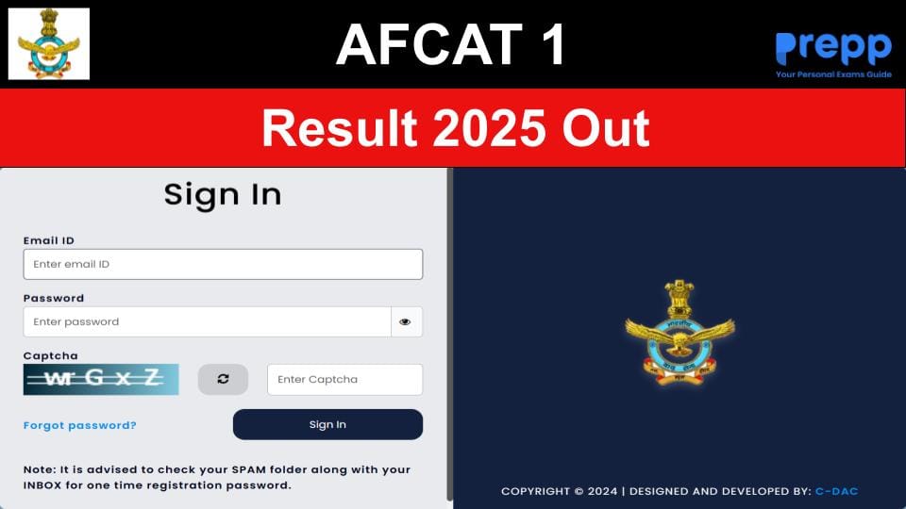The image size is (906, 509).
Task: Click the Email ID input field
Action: (223, 264)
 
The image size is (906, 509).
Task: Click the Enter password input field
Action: (207, 321)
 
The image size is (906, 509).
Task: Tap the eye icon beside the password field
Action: (406, 321)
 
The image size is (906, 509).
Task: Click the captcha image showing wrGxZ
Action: (101, 379)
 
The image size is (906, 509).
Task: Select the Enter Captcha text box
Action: (344, 379)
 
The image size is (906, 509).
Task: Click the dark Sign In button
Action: (327, 424)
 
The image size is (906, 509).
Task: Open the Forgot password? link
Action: (80, 425)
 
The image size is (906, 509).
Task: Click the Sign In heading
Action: (223, 194)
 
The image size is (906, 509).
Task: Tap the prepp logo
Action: (833, 50)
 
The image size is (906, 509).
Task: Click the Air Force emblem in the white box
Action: (49, 43)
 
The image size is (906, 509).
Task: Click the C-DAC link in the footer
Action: (836, 491)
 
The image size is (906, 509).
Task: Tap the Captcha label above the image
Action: (50, 355)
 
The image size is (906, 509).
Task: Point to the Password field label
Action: (54, 298)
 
